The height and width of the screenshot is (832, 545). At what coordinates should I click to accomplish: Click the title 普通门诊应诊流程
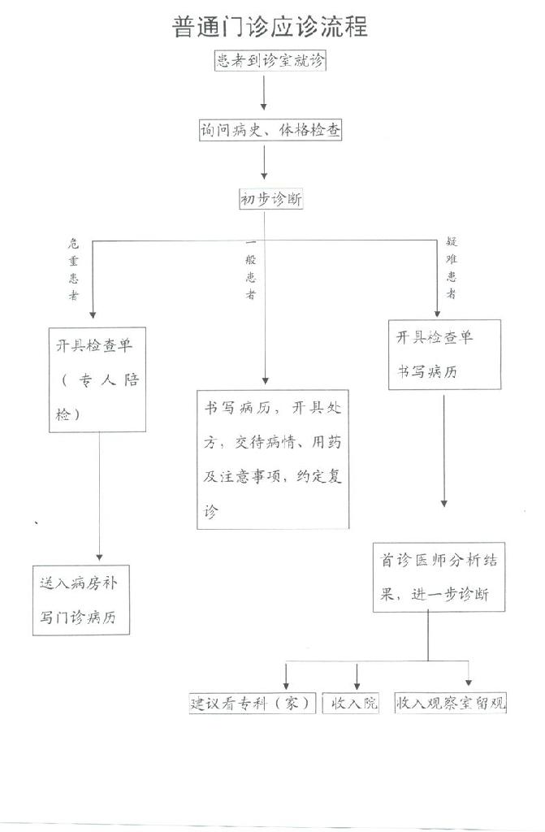click(x=270, y=27)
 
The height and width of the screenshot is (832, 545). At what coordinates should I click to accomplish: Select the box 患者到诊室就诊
click(x=270, y=60)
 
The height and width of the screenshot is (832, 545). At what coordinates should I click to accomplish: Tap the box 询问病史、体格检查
click(x=270, y=130)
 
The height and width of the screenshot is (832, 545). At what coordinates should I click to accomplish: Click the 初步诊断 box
click(x=271, y=199)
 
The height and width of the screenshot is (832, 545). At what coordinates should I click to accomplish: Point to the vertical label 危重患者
click(x=73, y=269)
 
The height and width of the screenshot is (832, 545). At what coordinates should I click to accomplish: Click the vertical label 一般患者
click(x=250, y=269)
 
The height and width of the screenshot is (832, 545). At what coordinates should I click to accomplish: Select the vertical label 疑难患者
click(x=451, y=268)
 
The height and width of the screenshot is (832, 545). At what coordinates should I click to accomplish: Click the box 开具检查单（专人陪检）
click(x=97, y=379)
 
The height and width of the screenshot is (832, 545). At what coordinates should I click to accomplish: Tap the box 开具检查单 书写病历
click(x=445, y=354)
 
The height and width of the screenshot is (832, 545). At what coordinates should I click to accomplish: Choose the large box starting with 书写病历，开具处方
click(x=273, y=460)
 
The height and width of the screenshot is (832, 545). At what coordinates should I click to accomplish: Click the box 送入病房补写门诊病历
click(x=81, y=600)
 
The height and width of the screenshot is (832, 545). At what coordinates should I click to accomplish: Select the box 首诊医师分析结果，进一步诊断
click(x=439, y=578)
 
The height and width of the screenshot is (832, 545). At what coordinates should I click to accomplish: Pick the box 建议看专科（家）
click(x=253, y=703)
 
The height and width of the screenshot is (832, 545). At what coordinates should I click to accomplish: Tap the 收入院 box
click(x=351, y=703)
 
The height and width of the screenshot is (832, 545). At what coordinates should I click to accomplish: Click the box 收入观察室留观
click(x=451, y=703)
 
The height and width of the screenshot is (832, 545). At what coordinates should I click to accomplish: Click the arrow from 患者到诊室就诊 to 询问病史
click(x=263, y=93)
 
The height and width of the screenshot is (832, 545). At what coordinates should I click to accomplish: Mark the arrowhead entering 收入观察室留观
click(x=469, y=682)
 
